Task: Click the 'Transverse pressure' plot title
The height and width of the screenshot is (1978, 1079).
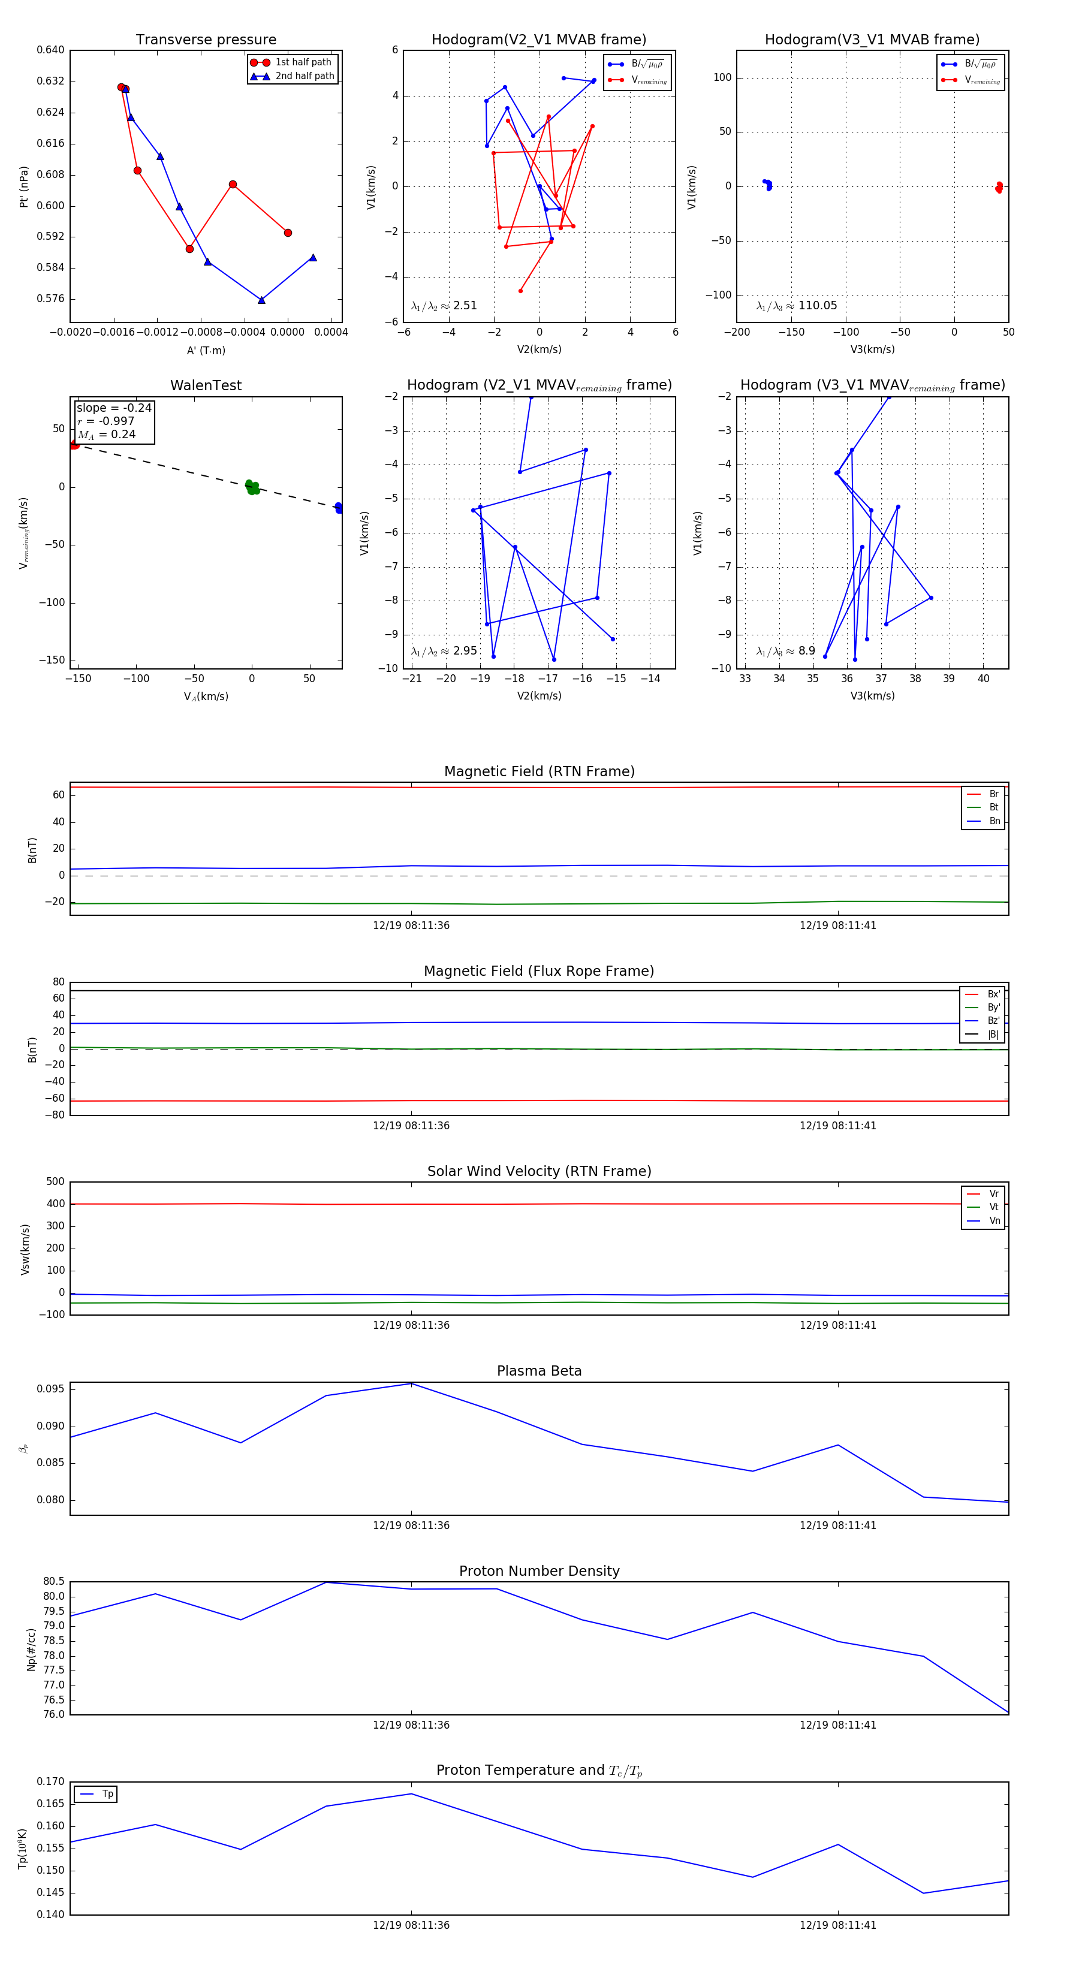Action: (206, 40)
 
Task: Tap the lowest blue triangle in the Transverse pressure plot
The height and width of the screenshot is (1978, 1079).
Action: (262, 300)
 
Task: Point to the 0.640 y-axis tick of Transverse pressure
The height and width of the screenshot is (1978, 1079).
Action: (51, 50)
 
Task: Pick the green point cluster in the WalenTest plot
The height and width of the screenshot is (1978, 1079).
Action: (252, 487)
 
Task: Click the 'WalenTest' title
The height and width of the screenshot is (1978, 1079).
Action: (206, 385)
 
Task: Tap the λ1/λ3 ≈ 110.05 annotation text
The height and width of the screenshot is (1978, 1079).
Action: (797, 306)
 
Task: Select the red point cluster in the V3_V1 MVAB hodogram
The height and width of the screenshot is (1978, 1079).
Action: (998, 186)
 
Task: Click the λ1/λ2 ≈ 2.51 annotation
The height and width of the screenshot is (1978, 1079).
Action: (444, 306)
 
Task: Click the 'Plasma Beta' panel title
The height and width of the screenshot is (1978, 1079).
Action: (539, 1371)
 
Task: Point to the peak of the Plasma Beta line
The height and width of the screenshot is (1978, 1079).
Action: (412, 1383)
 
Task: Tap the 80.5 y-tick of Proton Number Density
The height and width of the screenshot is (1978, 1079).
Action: (54, 1582)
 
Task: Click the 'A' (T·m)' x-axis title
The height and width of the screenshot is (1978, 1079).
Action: (206, 350)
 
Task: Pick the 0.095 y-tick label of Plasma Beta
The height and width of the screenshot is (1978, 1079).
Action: (51, 1389)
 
